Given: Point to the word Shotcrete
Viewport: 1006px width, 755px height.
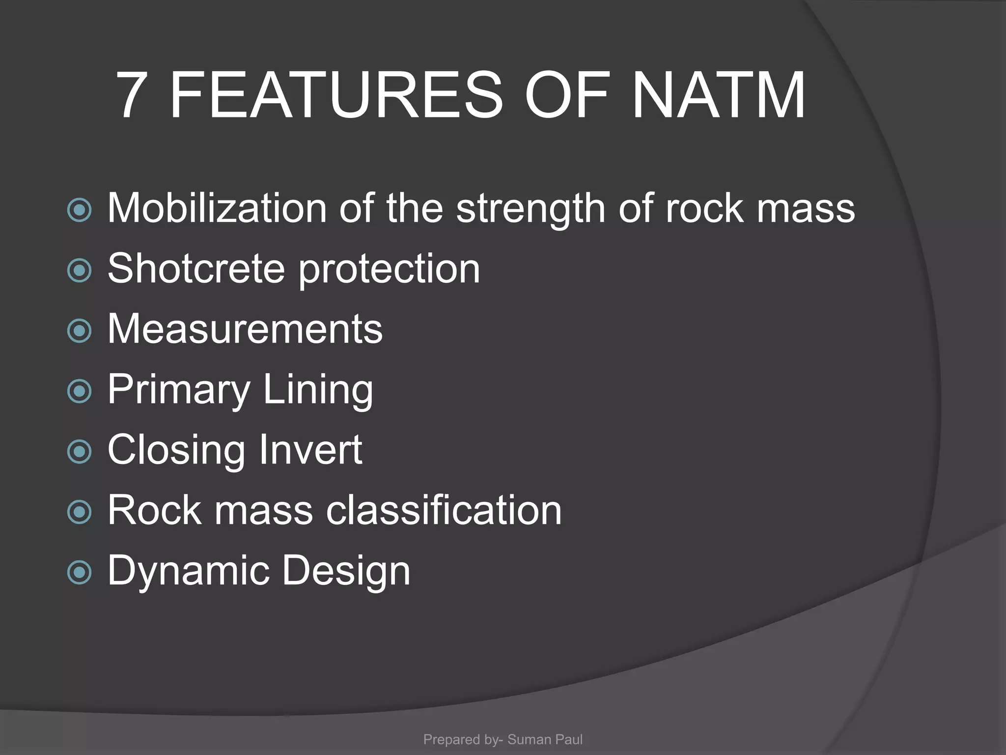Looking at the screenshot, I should [x=196, y=269].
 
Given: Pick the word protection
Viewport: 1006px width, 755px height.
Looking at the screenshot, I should [x=390, y=270].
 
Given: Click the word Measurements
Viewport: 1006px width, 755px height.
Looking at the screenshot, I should [x=245, y=329].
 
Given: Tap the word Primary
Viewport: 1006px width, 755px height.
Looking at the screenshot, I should [x=179, y=390].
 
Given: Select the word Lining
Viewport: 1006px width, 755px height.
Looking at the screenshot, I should [x=318, y=390].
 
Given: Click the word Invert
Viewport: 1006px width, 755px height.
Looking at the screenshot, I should [x=310, y=450].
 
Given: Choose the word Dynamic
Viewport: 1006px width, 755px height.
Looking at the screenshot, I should [x=188, y=571].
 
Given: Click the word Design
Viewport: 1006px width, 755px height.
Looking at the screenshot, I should [x=346, y=571].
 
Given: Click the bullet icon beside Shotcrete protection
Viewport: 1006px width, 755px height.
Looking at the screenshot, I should [x=80, y=270].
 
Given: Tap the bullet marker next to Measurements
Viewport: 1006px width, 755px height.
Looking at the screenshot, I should [x=80, y=330].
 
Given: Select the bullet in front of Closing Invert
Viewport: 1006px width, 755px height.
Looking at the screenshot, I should [x=80, y=451].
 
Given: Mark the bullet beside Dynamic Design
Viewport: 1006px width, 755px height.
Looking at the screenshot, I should [x=80, y=572].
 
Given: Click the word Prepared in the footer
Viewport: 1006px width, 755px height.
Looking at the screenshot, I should [x=451, y=740].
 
